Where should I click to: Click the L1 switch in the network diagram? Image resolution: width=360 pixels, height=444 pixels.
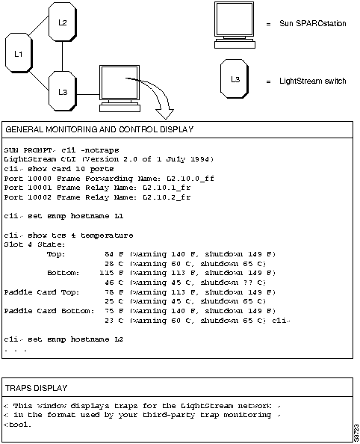tap(20, 54)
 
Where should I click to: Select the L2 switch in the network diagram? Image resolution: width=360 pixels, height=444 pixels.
tap(63, 23)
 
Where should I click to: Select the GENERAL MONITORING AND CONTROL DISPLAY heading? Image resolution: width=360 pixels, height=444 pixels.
tap(99, 129)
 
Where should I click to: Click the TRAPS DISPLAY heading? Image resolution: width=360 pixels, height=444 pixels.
tap(36, 388)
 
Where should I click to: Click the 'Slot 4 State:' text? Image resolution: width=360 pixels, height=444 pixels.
tap(28, 244)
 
